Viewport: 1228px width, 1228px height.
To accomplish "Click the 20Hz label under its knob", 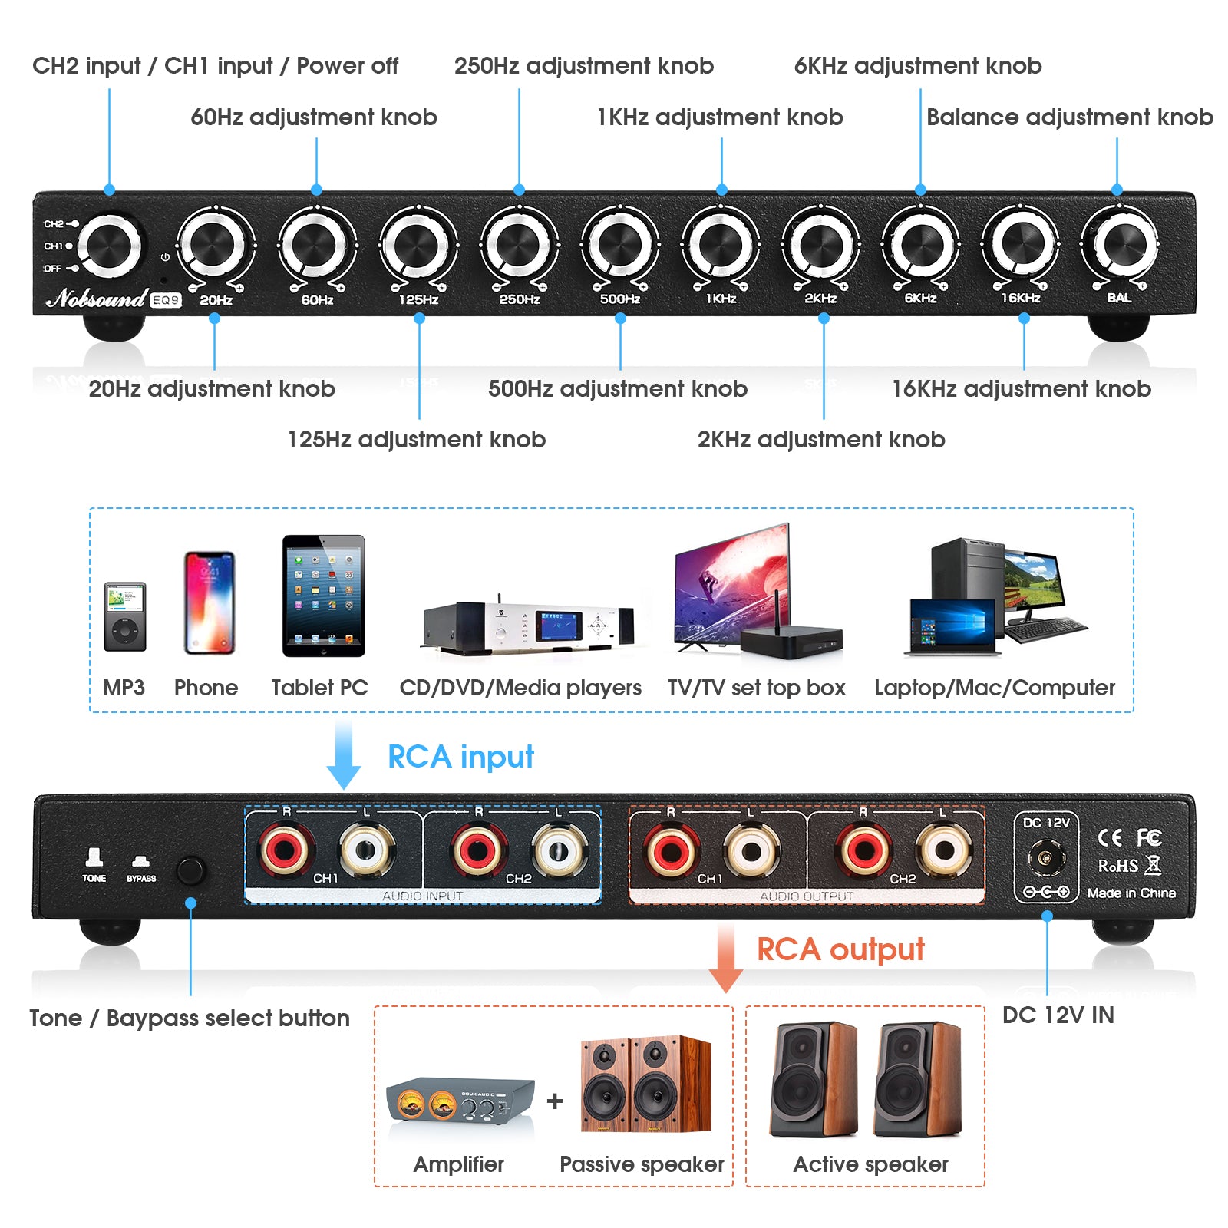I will [x=216, y=300].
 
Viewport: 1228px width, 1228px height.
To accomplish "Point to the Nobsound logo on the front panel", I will [x=97, y=298].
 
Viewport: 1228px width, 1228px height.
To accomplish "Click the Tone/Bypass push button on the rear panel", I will [x=190, y=870].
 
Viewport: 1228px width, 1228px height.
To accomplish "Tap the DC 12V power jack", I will [x=1045, y=855].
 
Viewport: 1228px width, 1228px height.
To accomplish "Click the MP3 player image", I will [x=124, y=616].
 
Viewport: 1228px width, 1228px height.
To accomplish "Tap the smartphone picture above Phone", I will [x=209, y=602].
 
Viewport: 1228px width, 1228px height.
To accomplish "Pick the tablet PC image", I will [x=323, y=596].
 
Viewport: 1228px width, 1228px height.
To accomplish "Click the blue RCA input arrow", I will [x=343, y=755].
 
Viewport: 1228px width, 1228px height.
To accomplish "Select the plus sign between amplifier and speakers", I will [x=555, y=1101].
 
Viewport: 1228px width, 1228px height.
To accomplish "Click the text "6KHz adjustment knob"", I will [x=917, y=66].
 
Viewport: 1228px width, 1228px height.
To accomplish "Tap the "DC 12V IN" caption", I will [x=1058, y=1015].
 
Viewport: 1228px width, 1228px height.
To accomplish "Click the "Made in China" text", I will [x=1131, y=893].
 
